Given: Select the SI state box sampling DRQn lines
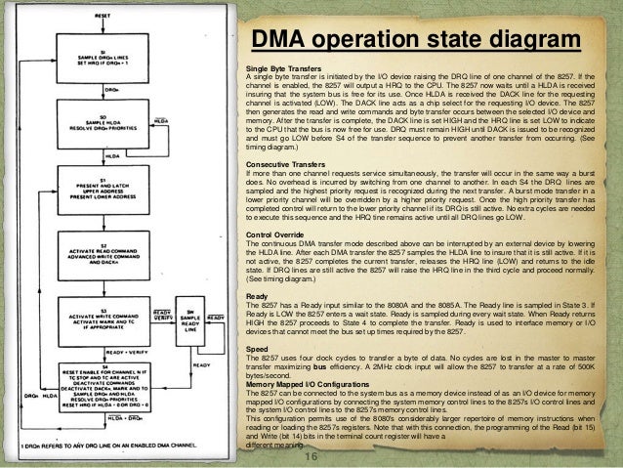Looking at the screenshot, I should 102,58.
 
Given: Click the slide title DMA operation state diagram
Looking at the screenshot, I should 410,41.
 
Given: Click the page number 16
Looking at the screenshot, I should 312,456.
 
